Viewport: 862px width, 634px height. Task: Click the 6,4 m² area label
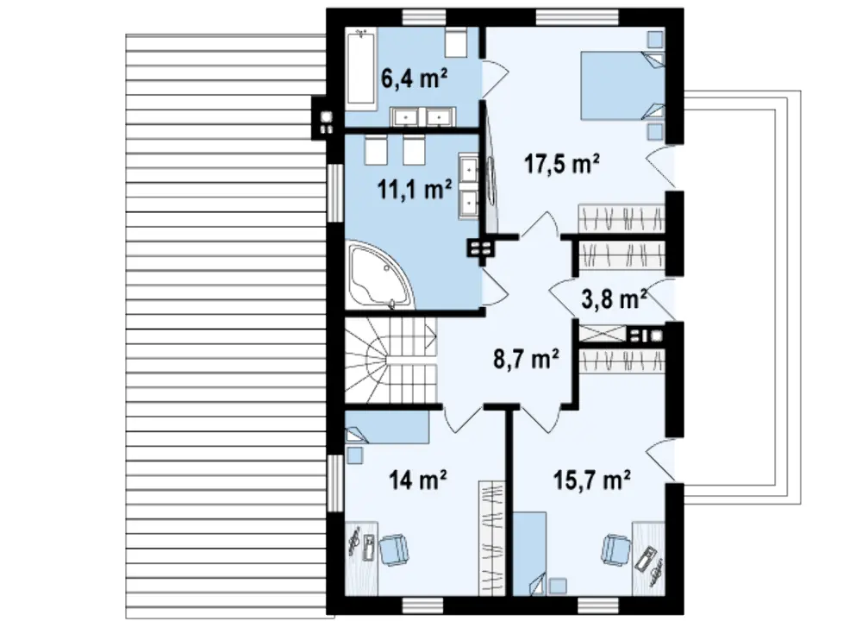pyautogui.click(x=414, y=78)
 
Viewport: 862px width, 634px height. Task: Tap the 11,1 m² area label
pyautogui.click(x=415, y=189)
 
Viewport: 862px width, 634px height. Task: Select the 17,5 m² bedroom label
pyautogui.click(x=561, y=163)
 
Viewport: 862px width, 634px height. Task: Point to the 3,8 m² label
pyautogui.click(x=614, y=299)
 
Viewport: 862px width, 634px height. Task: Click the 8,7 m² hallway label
pyautogui.click(x=526, y=359)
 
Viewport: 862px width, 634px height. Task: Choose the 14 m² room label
pyautogui.click(x=417, y=480)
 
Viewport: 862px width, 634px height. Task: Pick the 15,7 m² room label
pyautogui.click(x=591, y=480)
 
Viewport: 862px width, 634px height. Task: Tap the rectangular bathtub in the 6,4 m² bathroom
pyautogui.click(x=361, y=66)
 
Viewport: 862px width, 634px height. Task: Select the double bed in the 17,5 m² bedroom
pyautogui.click(x=623, y=85)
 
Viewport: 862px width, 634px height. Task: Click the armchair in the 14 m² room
pyautogui.click(x=394, y=549)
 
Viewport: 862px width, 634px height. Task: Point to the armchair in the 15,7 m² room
pyautogui.click(x=616, y=549)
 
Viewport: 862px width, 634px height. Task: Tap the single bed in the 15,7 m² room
pyautogui.click(x=530, y=553)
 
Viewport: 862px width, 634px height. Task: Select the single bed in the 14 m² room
pyautogui.click(x=387, y=427)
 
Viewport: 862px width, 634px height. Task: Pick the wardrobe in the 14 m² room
pyautogui.click(x=491, y=537)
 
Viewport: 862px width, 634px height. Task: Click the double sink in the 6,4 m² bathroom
pyautogui.click(x=422, y=116)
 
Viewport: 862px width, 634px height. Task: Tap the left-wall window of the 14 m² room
pyautogui.click(x=334, y=483)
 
